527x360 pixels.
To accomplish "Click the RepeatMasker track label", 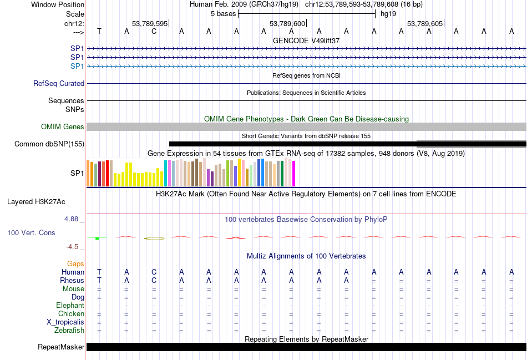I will click(x=60, y=347).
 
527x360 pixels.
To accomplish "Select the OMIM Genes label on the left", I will click(x=63, y=127).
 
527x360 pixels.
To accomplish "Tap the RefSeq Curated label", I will click(x=59, y=84).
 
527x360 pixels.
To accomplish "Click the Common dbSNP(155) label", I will click(x=49, y=144).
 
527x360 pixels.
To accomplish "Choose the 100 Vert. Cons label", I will click(x=31, y=233).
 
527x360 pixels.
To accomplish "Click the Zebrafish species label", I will click(x=69, y=331).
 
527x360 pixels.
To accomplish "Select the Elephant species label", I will click(x=70, y=306).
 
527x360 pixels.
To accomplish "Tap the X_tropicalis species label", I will click(x=65, y=322).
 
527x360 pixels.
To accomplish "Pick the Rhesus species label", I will click(x=72, y=280).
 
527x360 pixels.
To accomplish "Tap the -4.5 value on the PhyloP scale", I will click(x=74, y=247).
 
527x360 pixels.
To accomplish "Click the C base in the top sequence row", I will click(x=154, y=31).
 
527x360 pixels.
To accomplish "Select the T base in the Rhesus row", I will click(x=99, y=280).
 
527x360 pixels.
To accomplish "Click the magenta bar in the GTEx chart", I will click(x=293, y=174).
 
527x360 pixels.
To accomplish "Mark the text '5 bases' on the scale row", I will click(x=223, y=14).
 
